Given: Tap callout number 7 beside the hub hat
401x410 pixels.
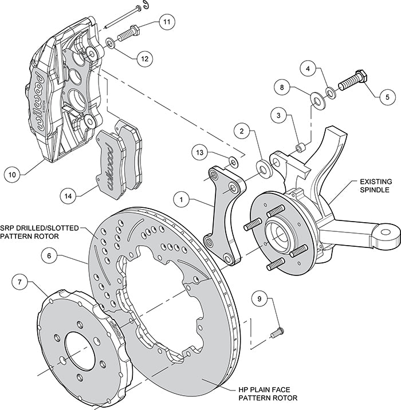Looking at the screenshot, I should coord(19,282).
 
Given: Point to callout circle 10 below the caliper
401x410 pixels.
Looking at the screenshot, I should coord(13,172).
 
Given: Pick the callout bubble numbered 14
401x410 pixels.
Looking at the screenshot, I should coord(69,196).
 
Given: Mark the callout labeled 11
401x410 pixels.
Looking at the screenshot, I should coord(166,22).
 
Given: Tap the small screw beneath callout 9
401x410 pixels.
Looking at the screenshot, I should coord(279,330).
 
